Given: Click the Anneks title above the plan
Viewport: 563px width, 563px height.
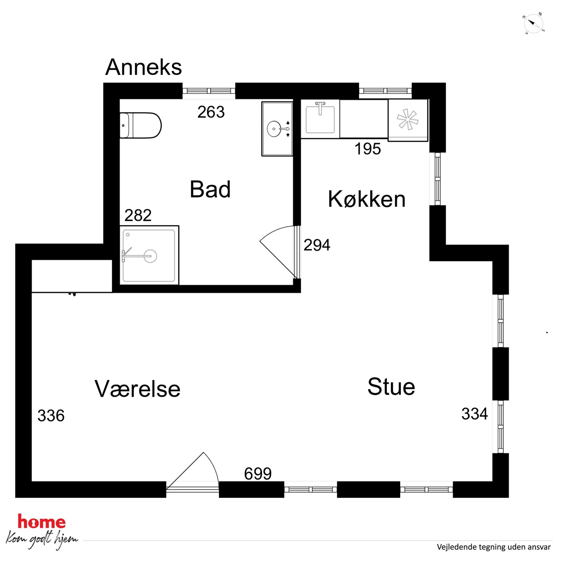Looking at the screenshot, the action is point(143,67).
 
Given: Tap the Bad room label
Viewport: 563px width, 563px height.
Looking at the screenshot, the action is point(210,189).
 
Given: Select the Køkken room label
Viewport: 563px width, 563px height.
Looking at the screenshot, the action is point(367,199).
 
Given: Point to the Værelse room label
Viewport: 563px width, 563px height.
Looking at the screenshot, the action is point(137,389).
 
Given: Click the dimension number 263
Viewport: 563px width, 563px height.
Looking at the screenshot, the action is point(211,112).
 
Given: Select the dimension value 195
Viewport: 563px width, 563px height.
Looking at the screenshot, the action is point(367,149).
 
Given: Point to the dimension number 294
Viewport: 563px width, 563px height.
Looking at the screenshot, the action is point(317,245).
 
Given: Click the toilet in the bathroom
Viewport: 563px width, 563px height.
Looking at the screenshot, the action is point(140,126).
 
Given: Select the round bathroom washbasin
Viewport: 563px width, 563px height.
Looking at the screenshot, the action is point(274,129).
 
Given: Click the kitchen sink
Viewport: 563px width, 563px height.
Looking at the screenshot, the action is point(320,119).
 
